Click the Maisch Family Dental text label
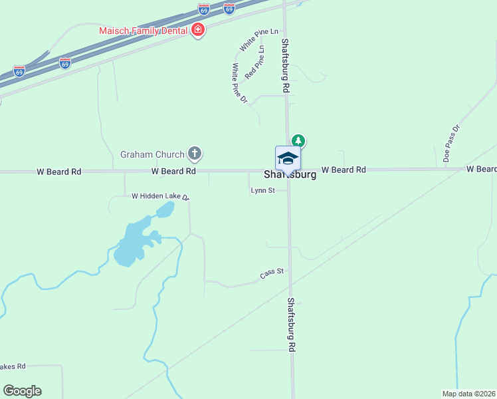pos(143,31)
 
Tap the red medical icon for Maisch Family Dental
pos(197,30)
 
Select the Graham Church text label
pos(152,155)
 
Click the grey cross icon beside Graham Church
pos(195,155)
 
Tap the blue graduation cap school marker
pos(288,159)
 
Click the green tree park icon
pos(299,140)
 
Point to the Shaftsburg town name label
pos(290,176)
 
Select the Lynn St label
pos(262,191)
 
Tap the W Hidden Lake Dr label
pos(160,196)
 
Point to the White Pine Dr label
pos(239,84)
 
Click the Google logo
pos(22,391)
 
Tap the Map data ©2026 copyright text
pos(469,394)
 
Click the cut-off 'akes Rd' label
pos(13,366)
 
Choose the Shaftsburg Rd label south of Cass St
pos(291,325)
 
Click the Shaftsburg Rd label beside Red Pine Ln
pos(285,65)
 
